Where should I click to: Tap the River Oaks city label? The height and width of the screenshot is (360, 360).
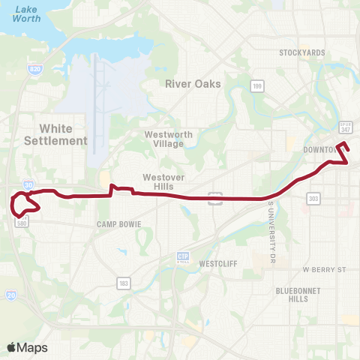coord(193,84)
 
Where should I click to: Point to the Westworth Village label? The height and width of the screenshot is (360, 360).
coord(164,139)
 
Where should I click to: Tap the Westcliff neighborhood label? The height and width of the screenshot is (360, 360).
coord(218,264)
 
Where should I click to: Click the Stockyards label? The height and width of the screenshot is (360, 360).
coord(301,53)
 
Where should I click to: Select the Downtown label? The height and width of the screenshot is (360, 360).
coord(321,150)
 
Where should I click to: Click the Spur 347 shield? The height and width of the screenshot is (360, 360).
coord(345,127)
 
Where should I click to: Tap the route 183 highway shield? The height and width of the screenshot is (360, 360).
coord(122,282)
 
